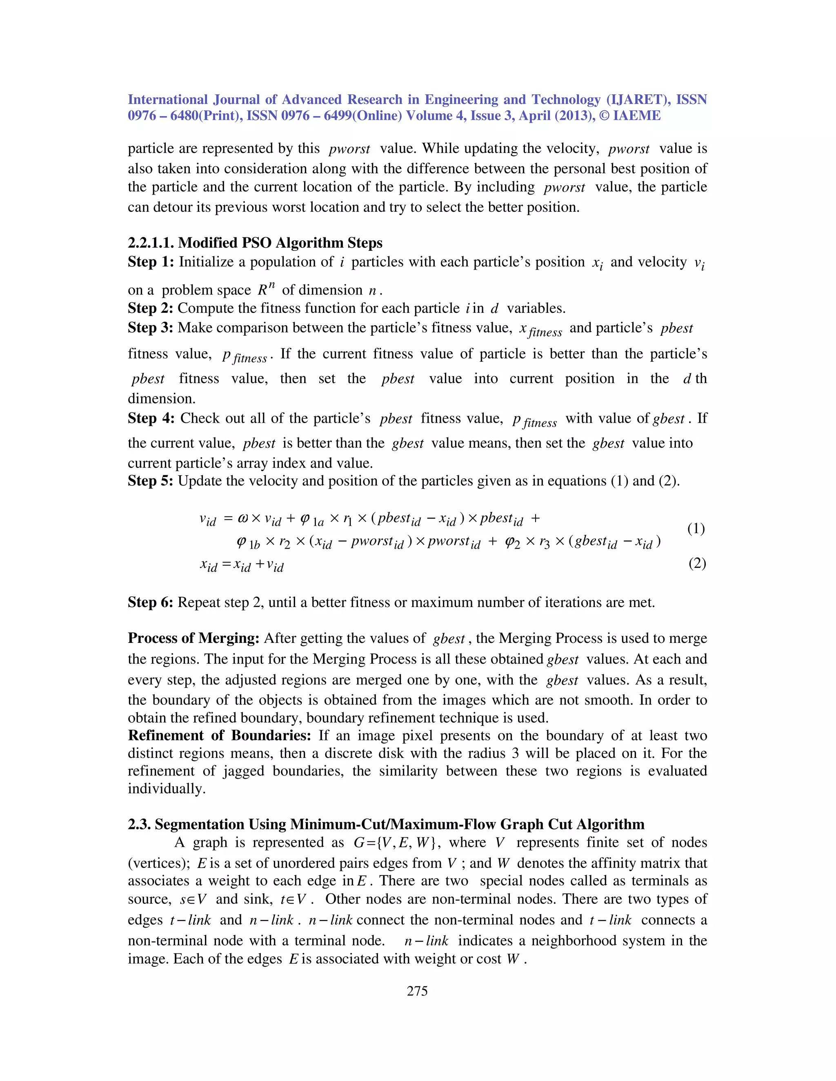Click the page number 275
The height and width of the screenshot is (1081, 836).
[x=417, y=990]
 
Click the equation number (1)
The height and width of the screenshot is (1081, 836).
[x=696, y=529]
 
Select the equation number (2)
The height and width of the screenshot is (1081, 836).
[x=697, y=563]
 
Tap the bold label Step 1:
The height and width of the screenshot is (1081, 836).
[x=151, y=262]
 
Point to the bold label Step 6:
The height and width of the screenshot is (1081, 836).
[x=151, y=603]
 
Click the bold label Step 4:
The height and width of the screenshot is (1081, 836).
[x=151, y=418]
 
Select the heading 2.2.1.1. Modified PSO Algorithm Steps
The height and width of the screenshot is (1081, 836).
[x=255, y=243]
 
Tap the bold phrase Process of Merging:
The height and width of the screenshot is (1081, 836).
[x=193, y=638]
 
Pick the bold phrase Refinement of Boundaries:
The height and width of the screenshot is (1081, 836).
[x=219, y=735]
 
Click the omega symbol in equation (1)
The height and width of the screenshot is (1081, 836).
[x=243, y=519]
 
